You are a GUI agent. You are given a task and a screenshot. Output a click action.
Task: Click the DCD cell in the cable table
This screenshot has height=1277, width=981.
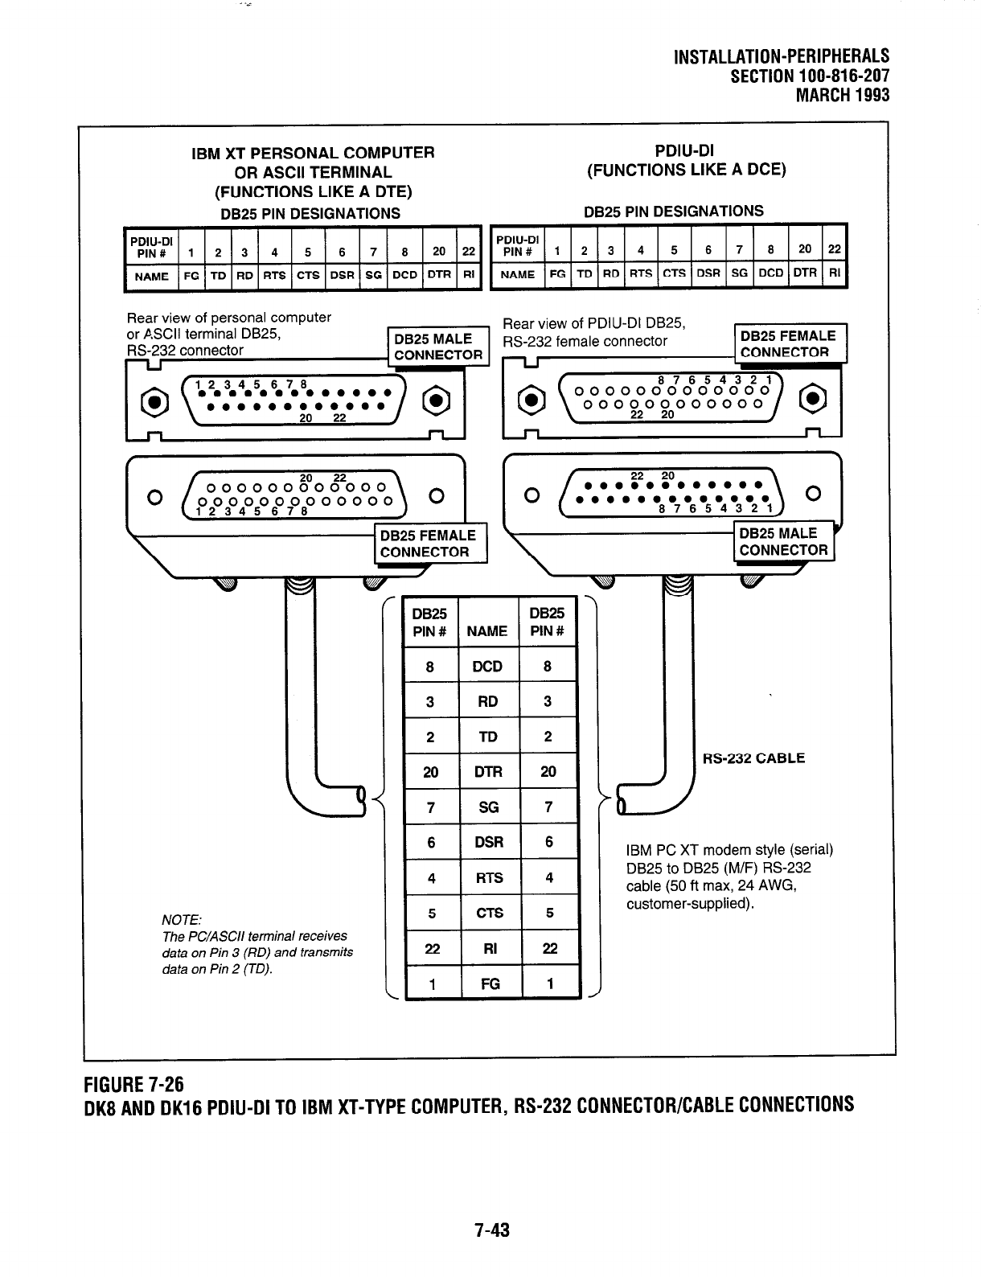click(x=487, y=666)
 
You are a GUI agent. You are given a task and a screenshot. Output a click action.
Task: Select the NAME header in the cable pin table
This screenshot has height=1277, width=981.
click(x=487, y=631)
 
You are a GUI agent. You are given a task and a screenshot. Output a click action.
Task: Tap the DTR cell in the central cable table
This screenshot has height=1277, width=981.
click(x=488, y=772)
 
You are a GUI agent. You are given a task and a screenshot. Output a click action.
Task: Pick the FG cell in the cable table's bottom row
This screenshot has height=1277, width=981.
click(x=490, y=983)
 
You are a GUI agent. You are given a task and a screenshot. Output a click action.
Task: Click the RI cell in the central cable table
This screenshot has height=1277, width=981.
click(x=489, y=949)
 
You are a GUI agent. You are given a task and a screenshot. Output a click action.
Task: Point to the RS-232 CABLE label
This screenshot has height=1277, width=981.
click(x=753, y=758)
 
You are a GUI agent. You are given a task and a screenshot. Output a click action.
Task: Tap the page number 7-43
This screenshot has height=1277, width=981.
click(x=492, y=1230)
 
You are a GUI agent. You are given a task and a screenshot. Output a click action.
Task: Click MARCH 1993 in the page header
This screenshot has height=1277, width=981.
click(x=842, y=95)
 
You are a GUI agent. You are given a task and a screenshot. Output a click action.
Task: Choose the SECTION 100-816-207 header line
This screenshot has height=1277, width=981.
click(x=809, y=76)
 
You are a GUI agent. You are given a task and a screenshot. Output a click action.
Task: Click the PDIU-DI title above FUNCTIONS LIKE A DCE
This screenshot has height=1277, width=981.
click(x=685, y=150)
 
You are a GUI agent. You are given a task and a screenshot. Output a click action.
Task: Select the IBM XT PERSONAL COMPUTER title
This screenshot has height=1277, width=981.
click(x=313, y=153)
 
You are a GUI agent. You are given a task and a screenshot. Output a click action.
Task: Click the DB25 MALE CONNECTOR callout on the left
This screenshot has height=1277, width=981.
click(x=438, y=347)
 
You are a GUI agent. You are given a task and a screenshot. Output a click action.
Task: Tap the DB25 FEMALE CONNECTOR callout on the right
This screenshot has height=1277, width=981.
click(x=788, y=344)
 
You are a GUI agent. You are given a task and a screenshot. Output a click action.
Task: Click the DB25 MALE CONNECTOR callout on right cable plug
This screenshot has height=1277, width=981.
click(x=783, y=542)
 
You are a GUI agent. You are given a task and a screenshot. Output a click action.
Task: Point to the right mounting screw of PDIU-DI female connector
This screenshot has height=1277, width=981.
click(x=815, y=397)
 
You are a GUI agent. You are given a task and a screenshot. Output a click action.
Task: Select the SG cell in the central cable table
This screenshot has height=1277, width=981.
click(x=488, y=807)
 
